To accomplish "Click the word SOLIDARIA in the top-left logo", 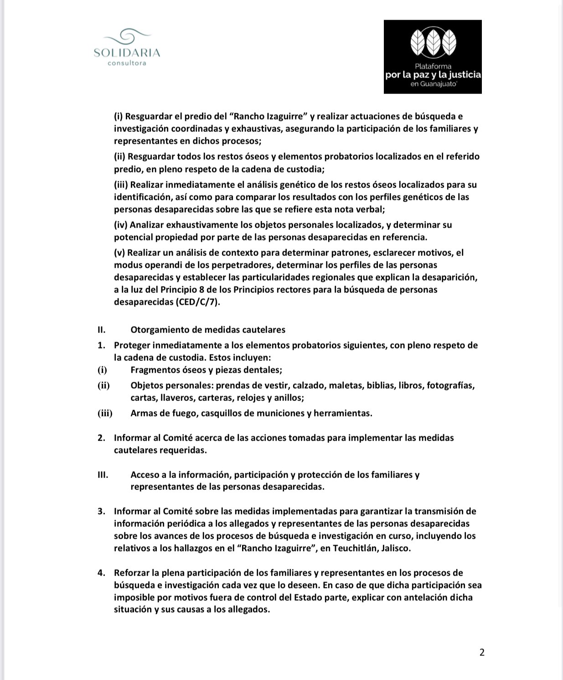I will pyautogui.click(x=127, y=53).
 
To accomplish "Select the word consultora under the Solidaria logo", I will pyautogui.click(x=127, y=63).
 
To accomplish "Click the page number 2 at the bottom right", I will pyautogui.click(x=482, y=652).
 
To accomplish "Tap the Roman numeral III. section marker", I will pyautogui.click(x=103, y=475).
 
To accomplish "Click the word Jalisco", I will pyautogui.click(x=396, y=548).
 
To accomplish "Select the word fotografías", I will pyautogui.click(x=451, y=385).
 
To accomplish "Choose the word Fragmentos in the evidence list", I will pyautogui.click(x=155, y=370).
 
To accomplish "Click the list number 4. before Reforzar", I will pyautogui.click(x=101, y=573).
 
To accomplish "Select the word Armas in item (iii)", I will pyautogui.click(x=144, y=413).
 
